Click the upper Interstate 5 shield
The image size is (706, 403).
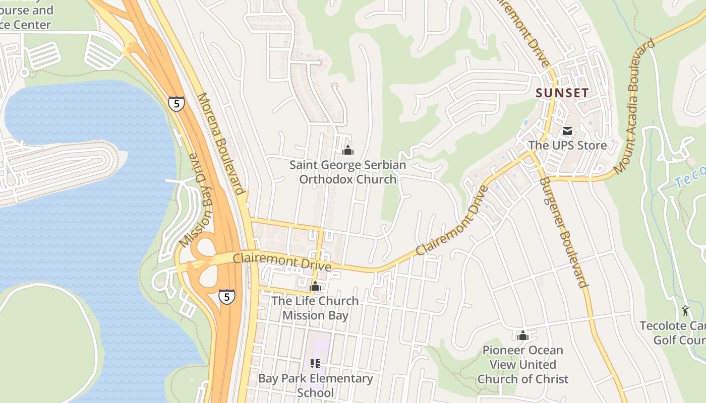[x=177, y=104]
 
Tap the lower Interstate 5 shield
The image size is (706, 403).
[x=227, y=297]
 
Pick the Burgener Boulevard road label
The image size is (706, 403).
[x=564, y=232]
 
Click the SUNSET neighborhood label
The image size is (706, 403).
[x=562, y=93]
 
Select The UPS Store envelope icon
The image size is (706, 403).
[x=567, y=131]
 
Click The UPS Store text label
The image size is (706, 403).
[x=567, y=146]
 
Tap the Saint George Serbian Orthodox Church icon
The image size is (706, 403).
[x=347, y=150]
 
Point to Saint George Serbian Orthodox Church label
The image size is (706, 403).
[x=347, y=172]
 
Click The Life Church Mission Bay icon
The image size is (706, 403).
[x=315, y=287]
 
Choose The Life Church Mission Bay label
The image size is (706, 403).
[x=315, y=308]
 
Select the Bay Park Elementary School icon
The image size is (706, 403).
[x=315, y=364]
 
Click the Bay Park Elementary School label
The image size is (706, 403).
[x=315, y=385]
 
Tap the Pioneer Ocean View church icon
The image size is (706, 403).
[x=523, y=335]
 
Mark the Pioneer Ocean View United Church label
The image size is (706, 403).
[x=523, y=364]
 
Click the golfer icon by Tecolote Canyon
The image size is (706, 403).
[x=685, y=311]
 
